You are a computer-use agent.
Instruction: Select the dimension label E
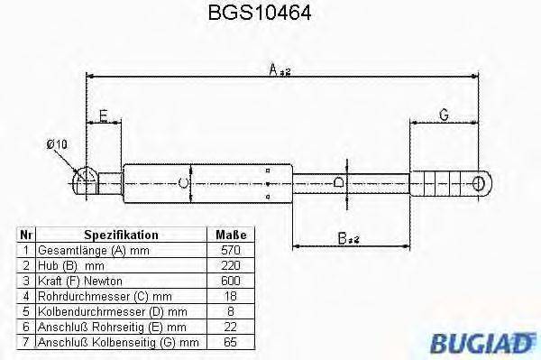point(105,115)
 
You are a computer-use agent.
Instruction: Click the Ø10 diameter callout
point(57,144)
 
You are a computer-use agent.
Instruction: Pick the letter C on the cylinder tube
point(184,184)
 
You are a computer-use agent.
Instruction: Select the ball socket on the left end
point(84,181)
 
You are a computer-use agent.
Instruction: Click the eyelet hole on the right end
point(480,184)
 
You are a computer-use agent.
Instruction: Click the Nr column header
point(26,233)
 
